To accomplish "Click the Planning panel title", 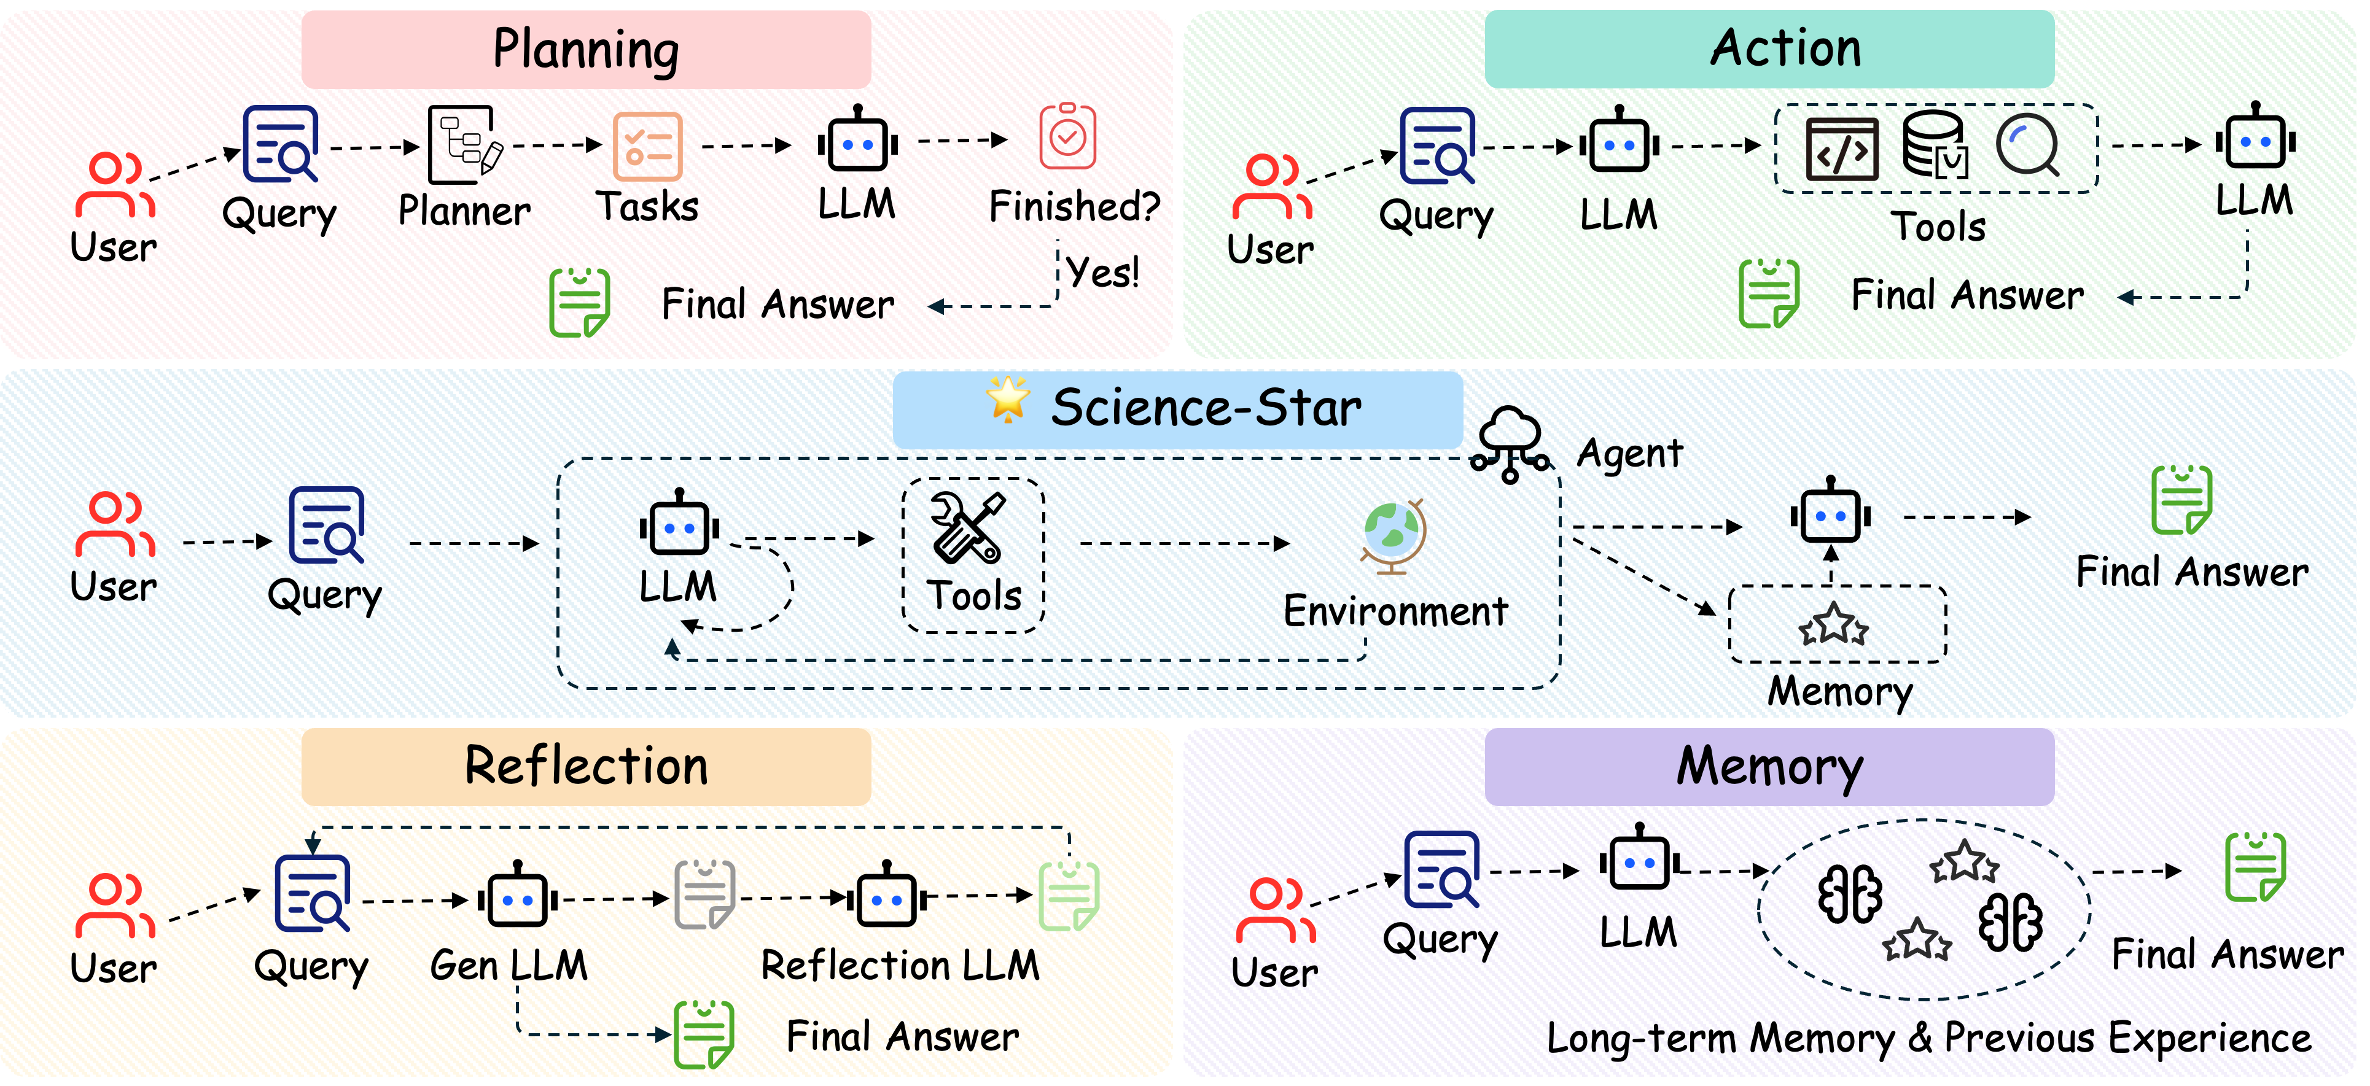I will [x=586, y=50].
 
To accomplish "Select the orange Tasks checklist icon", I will [x=648, y=146].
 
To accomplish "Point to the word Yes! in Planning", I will [x=1102, y=272].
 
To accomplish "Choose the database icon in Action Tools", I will [x=1935, y=145].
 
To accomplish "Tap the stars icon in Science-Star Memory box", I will [x=1834, y=626].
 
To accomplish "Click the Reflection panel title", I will [x=586, y=766].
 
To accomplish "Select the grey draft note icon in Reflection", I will [x=705, y=894].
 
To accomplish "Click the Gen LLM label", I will [x=508, y=966].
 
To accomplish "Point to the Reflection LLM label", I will [x=900, y=966].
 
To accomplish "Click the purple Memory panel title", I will [x=1769, y=767].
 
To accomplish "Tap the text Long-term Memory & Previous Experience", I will [x=1928, y=1038].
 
